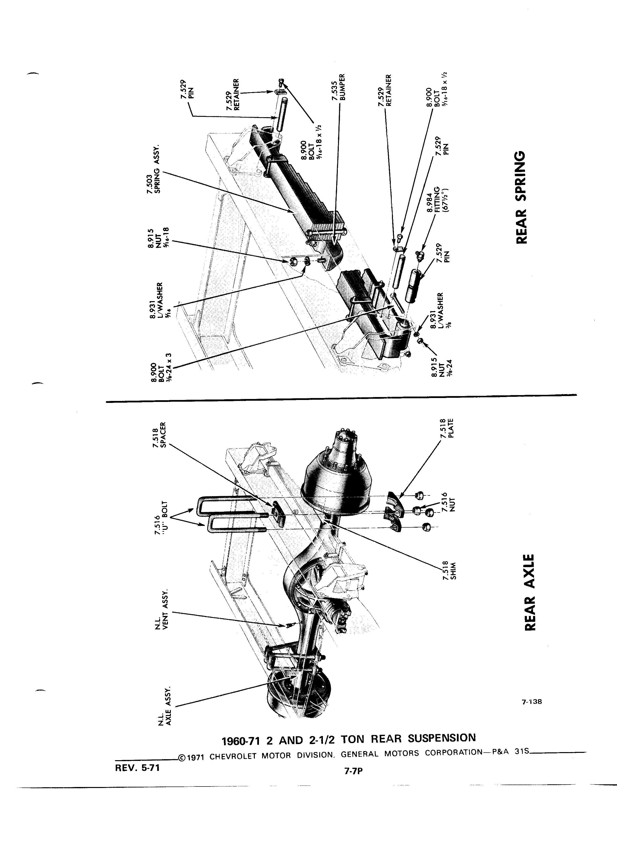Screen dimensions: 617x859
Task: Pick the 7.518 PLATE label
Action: pos(447,429)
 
